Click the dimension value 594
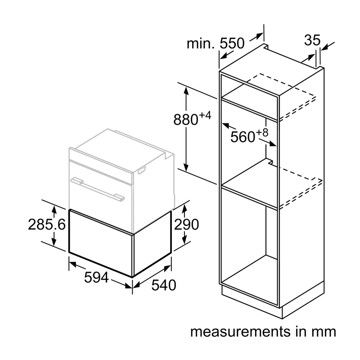[x=96, y=277]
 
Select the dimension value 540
[x=164, y=285]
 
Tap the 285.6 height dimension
[x=47, y=224]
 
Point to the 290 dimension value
[x=186, y=224]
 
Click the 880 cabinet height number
[x=185, y=120]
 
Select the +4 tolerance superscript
[x=205, y=116]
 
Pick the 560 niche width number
[x=243, y=137]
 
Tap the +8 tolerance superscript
[x=262, y=133]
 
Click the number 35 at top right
[x=312, y=40]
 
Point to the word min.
[x=200, y=43]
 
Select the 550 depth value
[x=232, y=43]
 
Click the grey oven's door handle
[x=97, y=189]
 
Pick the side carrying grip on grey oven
[x=141, y=171]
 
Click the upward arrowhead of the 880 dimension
[x=186, y=91]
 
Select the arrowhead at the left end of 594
[x=73, y=264]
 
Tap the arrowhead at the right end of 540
[x=167, y=268]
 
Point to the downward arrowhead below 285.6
[x=54, y=242]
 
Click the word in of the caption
[x=301, y=332]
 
